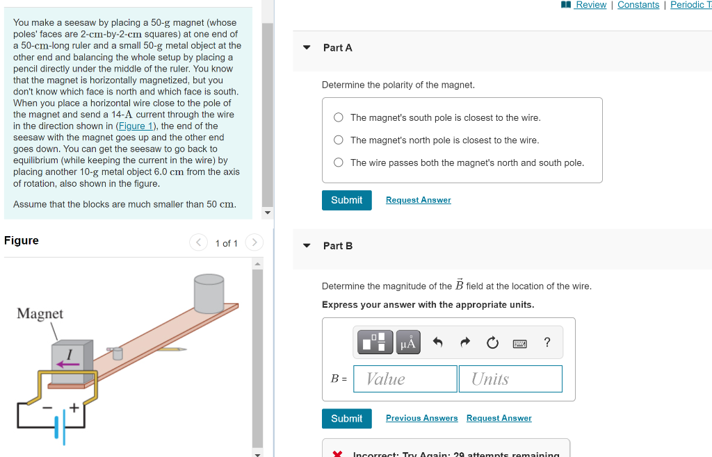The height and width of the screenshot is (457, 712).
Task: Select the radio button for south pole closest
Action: click(339, 117)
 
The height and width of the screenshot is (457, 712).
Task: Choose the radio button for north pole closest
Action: click(339, 140)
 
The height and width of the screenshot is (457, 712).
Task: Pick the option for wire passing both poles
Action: click(339, 163)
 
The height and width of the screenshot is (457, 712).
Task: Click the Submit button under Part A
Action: click(346, 200)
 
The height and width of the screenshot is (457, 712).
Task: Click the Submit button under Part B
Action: click(346, 418)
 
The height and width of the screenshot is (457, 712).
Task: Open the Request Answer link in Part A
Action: click(418, 200)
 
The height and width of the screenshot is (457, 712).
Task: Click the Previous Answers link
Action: click(421, 418)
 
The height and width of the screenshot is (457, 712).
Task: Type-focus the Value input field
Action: click(405, 379)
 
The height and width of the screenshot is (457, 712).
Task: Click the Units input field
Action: click(510, 379)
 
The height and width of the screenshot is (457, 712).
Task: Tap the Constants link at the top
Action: click(638, 5)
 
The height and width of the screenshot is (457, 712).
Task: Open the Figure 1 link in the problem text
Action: click(131, 126)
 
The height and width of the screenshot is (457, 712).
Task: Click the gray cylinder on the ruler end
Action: click(209, 292)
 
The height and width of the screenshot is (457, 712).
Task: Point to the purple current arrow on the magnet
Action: click(68, 363)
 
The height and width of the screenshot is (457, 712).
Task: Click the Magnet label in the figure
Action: click(40, 313)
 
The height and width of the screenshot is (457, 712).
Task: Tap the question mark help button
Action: click(547, 342)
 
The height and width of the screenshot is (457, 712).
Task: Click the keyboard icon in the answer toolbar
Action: click(519, 342)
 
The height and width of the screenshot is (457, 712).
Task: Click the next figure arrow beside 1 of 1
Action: click(254, 242)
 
